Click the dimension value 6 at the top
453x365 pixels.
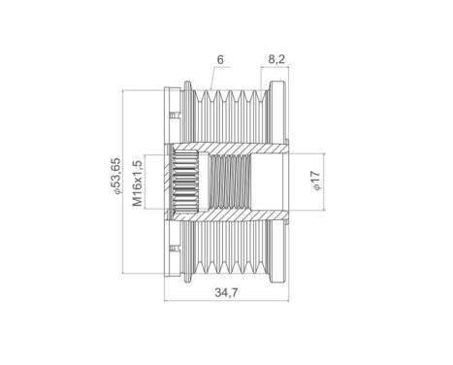[221, 60]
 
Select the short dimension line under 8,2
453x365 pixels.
[275, 70]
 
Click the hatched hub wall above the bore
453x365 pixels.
[233, 146]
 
